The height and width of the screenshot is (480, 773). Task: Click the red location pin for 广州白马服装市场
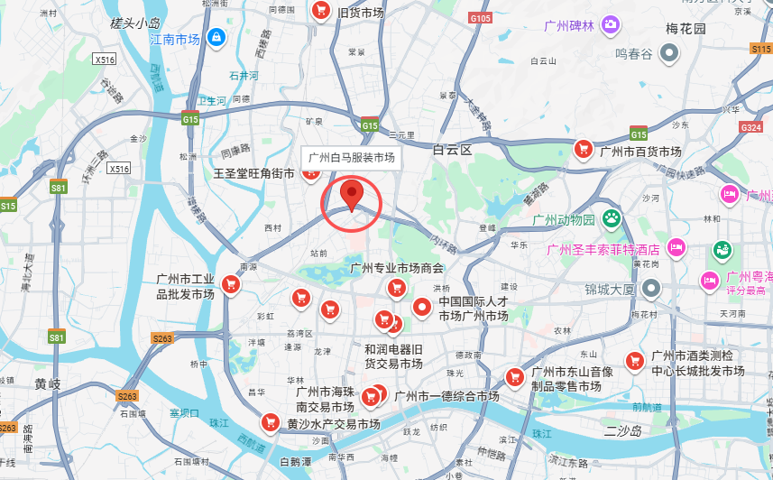[352, 195]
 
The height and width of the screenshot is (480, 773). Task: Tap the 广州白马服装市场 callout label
[352, 157]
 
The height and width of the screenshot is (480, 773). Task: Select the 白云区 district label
[452, 150]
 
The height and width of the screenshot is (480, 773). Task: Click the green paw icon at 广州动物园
[612, 217]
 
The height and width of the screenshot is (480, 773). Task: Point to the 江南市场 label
[174, 40]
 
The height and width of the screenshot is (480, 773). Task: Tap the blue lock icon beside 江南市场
[216, 37]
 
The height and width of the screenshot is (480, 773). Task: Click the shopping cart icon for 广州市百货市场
[584, 150]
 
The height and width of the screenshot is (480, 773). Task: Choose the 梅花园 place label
[686, 29]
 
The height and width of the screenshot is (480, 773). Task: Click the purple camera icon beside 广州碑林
[612, 23]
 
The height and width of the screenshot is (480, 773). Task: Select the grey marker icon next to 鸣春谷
[668, 54]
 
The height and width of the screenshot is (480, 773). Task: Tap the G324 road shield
[751, 127]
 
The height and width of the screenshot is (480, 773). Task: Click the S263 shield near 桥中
[162, 338]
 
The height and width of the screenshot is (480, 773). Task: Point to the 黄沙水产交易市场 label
[333, 423]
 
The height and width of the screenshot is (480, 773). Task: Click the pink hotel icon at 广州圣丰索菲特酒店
[676, 247]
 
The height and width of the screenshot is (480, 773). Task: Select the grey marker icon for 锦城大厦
[651, 289]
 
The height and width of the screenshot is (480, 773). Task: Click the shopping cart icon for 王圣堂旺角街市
[311, 172]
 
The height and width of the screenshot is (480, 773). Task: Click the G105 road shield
[481, 18]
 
